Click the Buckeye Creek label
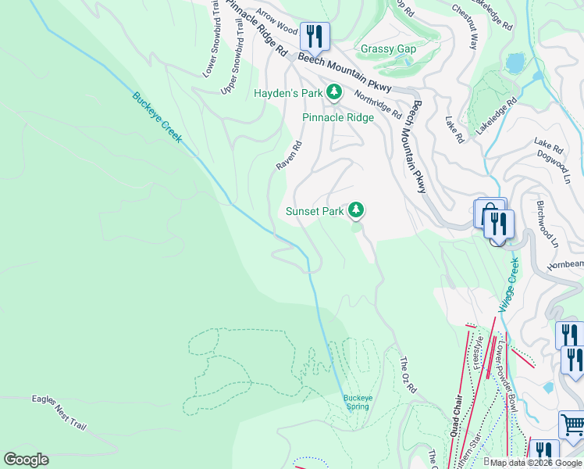[x=157, y=118]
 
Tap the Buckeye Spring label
[x=357, y=402]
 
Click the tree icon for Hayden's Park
[x=334, y=93]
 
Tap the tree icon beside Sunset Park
[x=356, y=209]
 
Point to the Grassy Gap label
[x=388, y=49]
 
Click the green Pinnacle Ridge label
[x=338, y=118]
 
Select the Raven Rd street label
[x=289, y=156]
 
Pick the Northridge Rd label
[x=378, y=104]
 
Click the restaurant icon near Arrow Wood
[x=315, y=36]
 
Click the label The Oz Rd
[x=408, y=374]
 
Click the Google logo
[x=26, y=460]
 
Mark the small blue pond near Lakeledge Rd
[x=515, y=62]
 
